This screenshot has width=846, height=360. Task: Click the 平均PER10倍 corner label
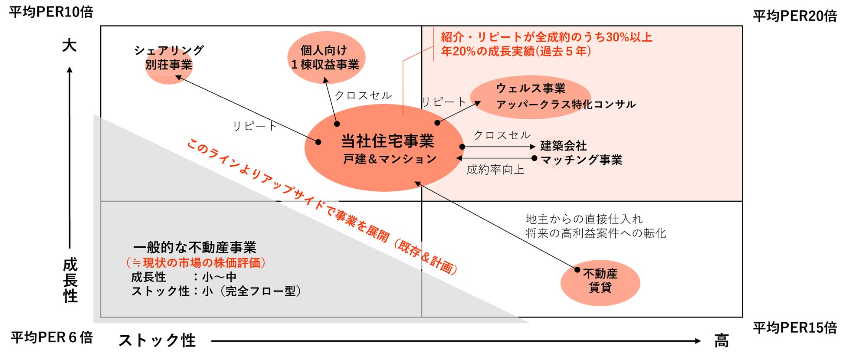(x=51, y=12)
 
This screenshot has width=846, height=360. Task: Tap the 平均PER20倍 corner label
(x=795, y=16)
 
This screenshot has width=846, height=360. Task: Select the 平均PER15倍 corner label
(x=795, y=328)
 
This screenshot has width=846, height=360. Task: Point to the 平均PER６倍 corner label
(x=52, y=337)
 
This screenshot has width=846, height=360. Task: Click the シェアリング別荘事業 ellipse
(x=169, y=65)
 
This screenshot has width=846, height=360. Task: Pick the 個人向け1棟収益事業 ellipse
(x=326, y=58)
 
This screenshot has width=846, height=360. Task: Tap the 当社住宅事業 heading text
(x=387, y=141)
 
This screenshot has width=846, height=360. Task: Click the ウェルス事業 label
(x=531, y=88)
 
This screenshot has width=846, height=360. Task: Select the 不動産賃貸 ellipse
(x=600, y=282)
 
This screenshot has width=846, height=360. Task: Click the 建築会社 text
(x=563, y=146)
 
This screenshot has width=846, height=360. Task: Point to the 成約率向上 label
(x=495, y=170)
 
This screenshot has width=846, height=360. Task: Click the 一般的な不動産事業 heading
(x=195, y=248)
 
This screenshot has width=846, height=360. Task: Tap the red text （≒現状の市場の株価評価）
(x=196, y=263)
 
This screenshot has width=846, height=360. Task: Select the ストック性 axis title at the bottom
(x=157, y=340)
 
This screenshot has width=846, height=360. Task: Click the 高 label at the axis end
(x=721, y=341)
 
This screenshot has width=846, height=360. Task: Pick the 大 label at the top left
(x=69, y=45)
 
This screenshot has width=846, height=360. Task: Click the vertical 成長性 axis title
(x=70, y=280)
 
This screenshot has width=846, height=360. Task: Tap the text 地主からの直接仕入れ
(x=584, y=219)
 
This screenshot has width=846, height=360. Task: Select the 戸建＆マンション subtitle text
(x=390, y=159)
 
